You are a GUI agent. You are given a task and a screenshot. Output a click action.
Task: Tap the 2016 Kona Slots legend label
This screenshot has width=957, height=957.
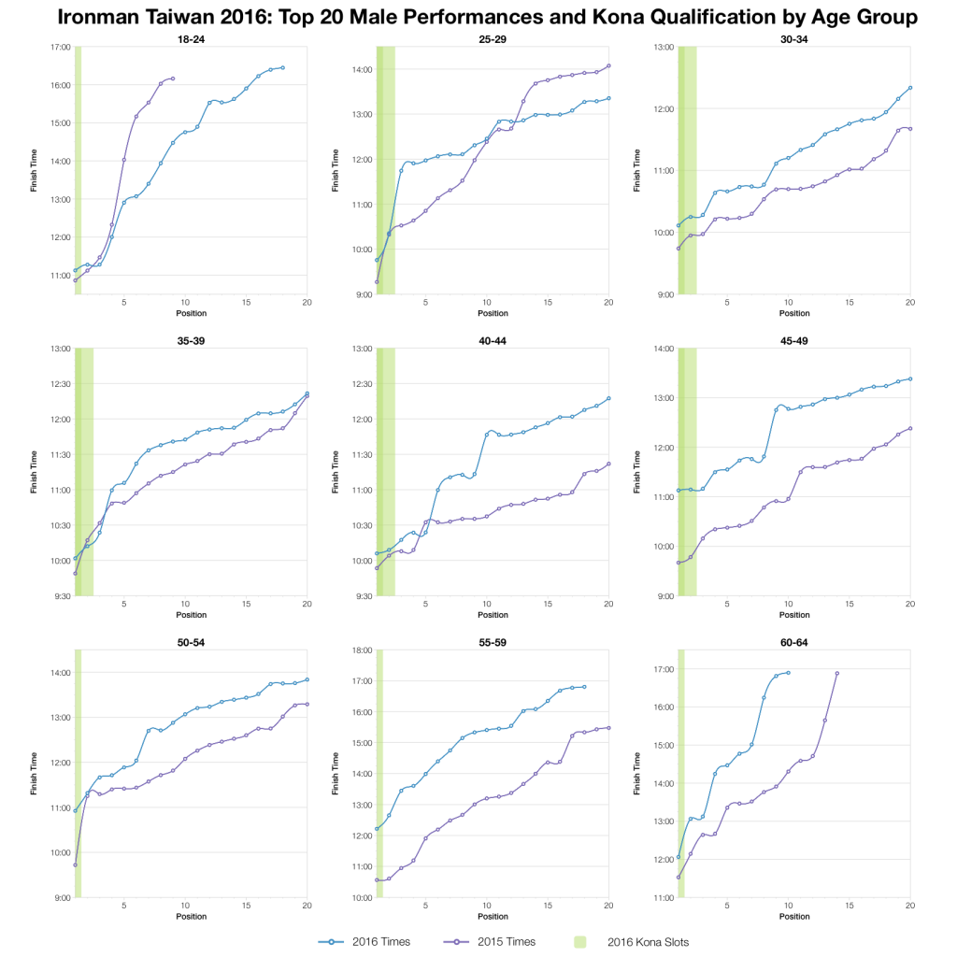(648, 941)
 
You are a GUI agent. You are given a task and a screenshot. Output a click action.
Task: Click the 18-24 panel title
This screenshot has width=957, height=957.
(191, 38)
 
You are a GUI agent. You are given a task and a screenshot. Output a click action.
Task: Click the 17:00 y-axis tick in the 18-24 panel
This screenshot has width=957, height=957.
(60, 47)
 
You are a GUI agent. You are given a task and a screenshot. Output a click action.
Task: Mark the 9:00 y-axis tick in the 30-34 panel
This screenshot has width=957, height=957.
(664, 294)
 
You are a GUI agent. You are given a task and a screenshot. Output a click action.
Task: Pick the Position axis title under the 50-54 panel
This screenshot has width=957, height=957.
(191, 916)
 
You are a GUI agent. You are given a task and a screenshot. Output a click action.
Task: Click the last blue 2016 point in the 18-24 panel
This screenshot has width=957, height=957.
(282, 67)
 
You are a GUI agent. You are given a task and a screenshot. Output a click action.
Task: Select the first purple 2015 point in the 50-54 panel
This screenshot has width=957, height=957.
(76, 864)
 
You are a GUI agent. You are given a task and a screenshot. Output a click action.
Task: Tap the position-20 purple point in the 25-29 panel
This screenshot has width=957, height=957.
(608, 65)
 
